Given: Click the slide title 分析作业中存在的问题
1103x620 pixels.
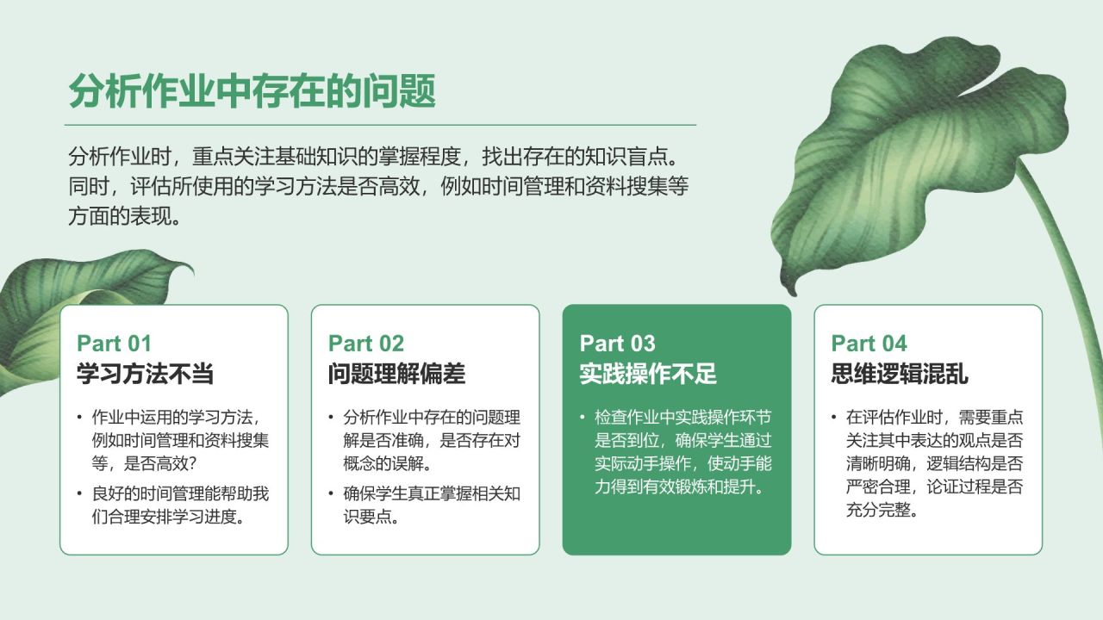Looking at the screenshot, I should pyautogui.click(x=252, y=91).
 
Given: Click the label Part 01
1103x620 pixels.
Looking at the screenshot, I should pyautogui.click(x=114, y=344).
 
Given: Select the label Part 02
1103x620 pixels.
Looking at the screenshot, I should pyautogui.click(x=365, y=344).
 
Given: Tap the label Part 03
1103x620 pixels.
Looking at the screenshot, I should pyautogui.click(x=617, y=344).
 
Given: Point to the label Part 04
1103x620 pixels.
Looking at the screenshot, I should pyautogui.click(x=869, y=344).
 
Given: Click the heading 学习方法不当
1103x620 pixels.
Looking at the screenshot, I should pyautogui.click(x=145, y=374).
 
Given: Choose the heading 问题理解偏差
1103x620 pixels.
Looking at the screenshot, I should pyautogui.click(x=396, y=374).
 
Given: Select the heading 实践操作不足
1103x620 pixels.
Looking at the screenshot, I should pyautogui.click(x=648, y=374).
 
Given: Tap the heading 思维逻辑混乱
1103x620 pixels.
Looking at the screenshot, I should pyautogui.click(x=900, y=374).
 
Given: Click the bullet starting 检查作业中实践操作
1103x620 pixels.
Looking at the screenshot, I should pyautogui.click(x=682, y=452).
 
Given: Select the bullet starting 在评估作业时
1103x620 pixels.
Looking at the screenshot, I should pyautogui.click(x=934, y=463).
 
